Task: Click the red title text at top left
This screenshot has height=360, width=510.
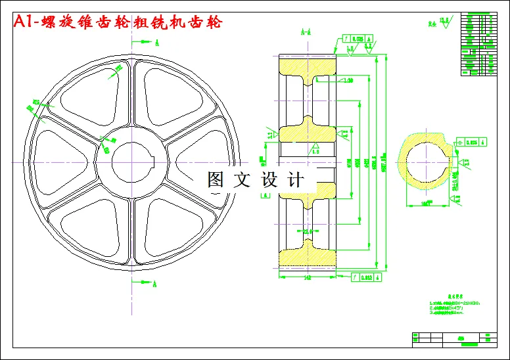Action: pos(118,22)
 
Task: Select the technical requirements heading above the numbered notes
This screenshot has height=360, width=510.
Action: pos(447,296)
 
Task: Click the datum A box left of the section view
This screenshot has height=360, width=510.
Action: pos(269,194)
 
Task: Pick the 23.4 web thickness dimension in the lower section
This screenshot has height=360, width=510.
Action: pos(307,231)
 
